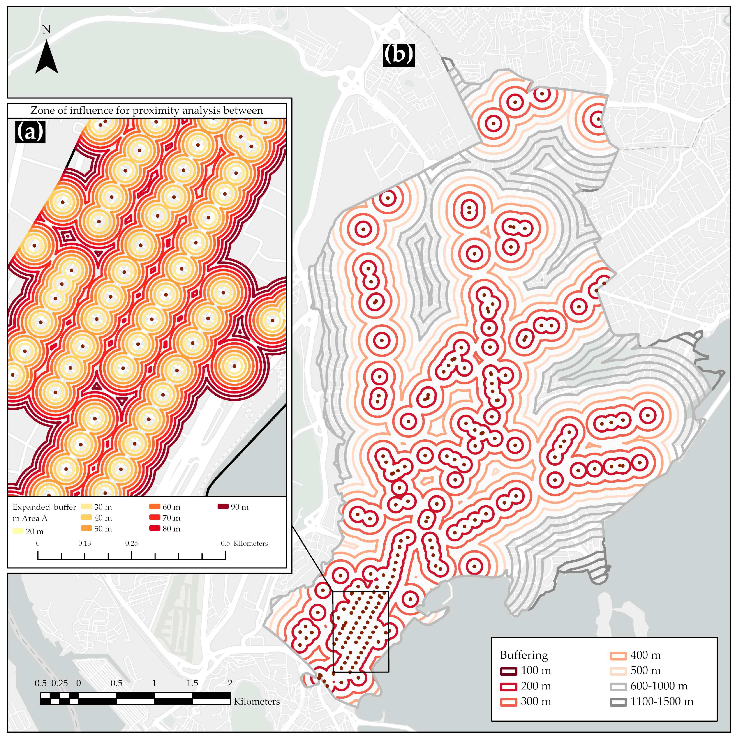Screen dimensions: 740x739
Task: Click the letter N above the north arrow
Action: click(46, 30)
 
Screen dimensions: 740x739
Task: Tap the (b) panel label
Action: click(398, 55)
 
